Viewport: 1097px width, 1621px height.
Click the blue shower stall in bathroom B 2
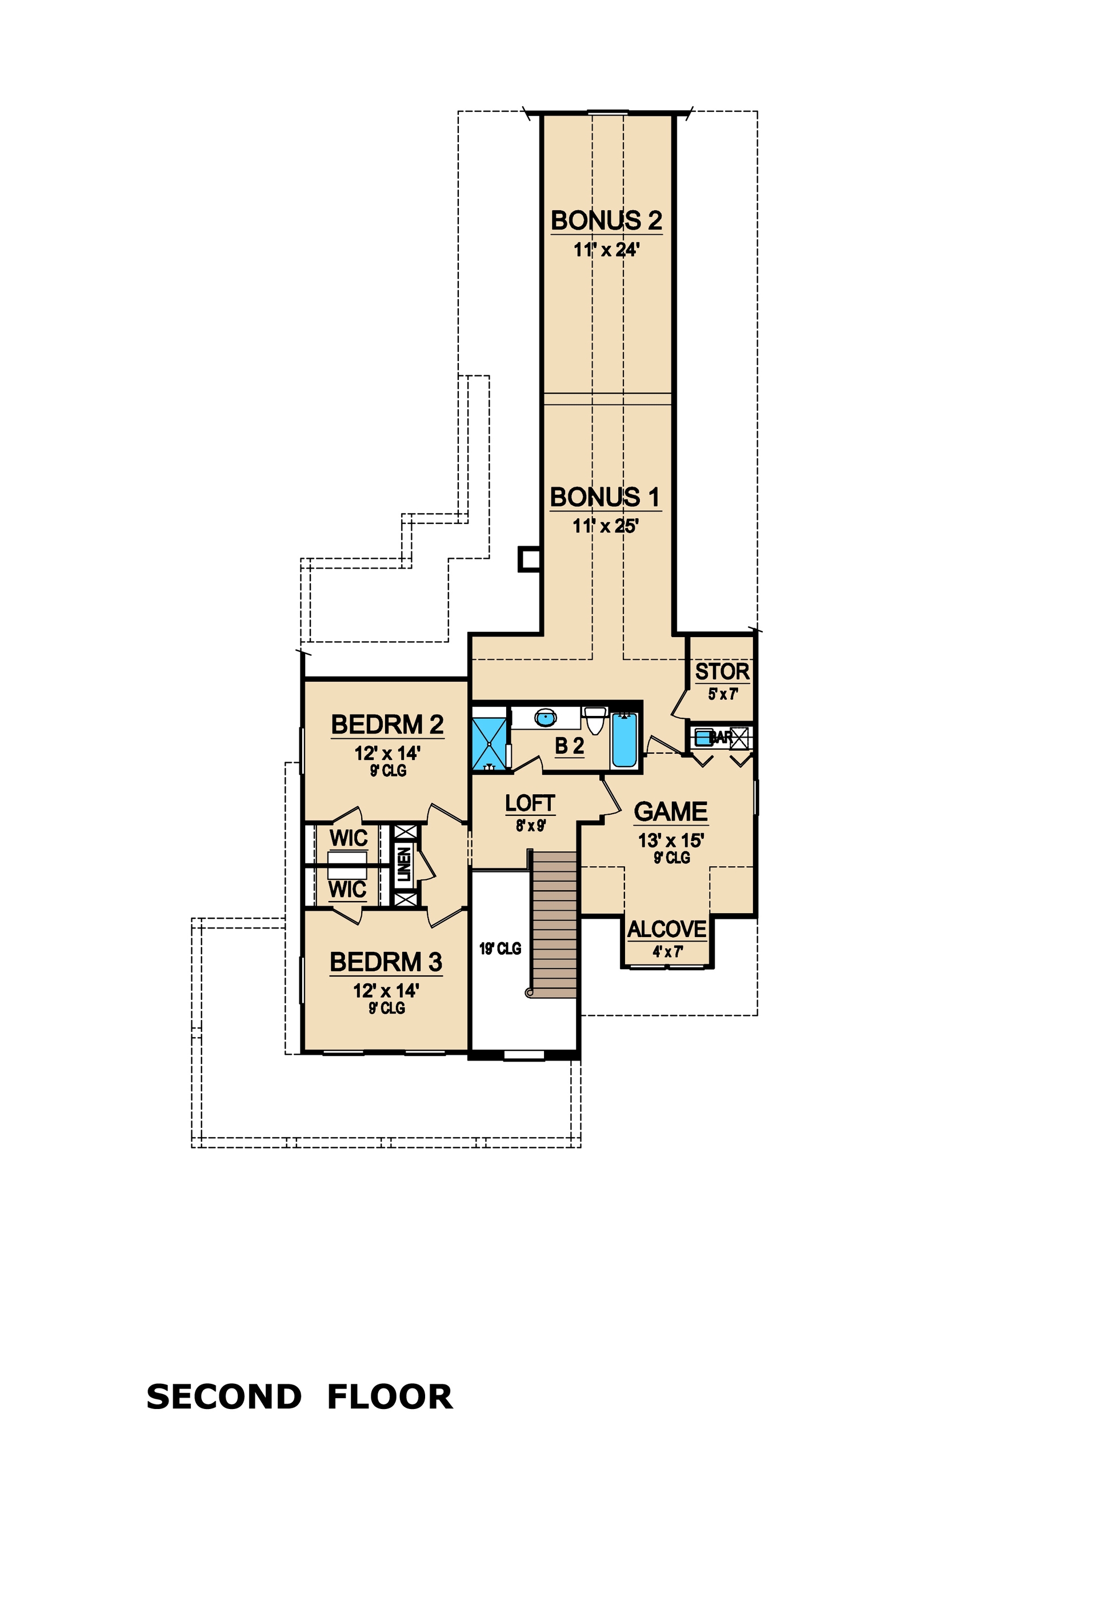coord(490,743)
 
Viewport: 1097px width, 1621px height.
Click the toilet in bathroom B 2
coord(594,721)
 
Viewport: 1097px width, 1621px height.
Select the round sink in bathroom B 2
coord(546,717)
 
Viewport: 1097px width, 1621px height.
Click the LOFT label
coord(530,803)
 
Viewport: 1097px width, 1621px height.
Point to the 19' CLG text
coord(500,948)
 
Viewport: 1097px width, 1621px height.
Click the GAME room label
coord(670,812)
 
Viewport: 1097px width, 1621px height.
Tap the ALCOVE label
coord(667,929)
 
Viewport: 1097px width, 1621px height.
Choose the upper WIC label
coord(348,838)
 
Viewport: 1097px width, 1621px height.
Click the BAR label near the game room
coord(720,737)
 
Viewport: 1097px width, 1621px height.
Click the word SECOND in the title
coord(223,1398)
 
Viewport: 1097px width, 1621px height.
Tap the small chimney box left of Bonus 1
coord(529,559)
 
